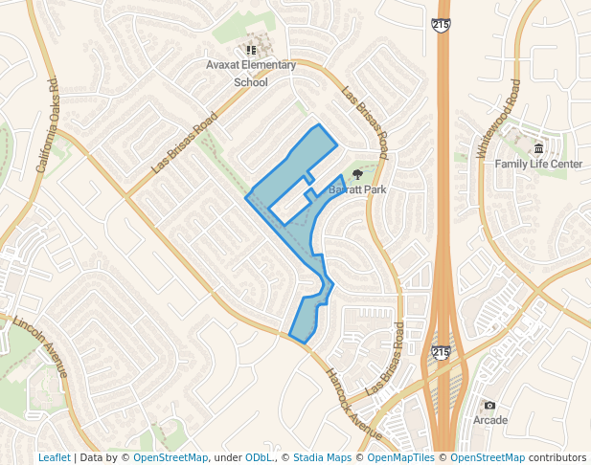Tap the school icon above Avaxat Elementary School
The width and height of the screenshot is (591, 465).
point(251,50)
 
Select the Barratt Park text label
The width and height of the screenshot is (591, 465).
point(357,189)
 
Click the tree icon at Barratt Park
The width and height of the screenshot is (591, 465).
point(357,174)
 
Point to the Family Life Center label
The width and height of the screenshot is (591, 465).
point(538,164)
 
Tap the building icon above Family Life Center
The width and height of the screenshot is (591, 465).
point(538,148)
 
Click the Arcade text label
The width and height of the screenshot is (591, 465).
point(489,420)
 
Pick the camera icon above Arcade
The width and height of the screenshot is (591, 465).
point(489,405)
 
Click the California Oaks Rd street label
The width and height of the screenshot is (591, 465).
point(48,125)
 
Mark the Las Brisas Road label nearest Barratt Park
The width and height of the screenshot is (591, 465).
point(365,122)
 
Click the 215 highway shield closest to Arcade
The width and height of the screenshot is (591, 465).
point(440,352)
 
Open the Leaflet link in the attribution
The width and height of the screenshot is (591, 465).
point(54,457)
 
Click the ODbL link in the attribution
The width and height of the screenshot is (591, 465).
point(259,457)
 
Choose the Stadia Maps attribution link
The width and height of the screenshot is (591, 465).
point(322,457)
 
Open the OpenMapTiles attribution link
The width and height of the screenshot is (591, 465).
point(400,457)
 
